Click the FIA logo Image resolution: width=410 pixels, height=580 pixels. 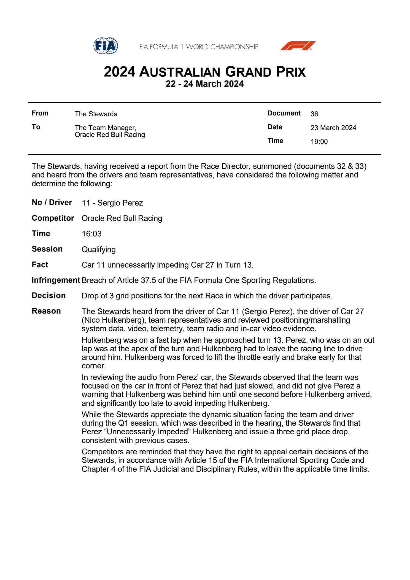pyautogui.click(x=106, y=46)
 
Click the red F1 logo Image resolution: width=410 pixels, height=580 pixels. pyautogui.click(x=298, y=46)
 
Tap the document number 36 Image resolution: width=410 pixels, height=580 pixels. pyautogui.click(x=314, y=114)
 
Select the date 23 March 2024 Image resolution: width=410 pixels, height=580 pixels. pyautogui.click(x=333, y=128)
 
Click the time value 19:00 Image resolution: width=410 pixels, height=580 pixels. pyautogui.click(x=319, y=142)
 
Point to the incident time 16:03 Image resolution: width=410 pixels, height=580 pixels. pyautogui.click(x=91, y=234)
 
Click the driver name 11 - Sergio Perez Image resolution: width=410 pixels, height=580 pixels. pyautogui.click(x=112, y=203)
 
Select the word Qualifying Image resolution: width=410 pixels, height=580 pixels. pyautogui.click(x=99, y=249)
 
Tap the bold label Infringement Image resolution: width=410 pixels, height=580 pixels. pyautogui.click(x=56, y=280)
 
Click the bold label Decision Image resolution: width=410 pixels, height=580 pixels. pyautogui.click(x=49, y=296)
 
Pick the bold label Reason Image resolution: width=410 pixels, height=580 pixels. pyautogui.click(x=46, y=311)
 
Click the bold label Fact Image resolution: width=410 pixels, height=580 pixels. pyautogui.click(x=40, y=265)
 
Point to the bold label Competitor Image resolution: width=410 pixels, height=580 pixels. pyautogui.click(x=53, y=218)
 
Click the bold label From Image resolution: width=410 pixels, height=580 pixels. pyautogui.click(x=40, y=113)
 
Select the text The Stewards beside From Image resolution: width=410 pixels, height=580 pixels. pyautogui.click(x=96, y=114)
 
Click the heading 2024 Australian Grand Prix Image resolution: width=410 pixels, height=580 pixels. pyautogui.click(x=205, y=72)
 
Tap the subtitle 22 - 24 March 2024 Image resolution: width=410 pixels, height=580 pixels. pyautogui.click(x=205, y=84)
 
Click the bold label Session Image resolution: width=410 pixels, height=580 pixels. pyautogui.click(x=47, y=249)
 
